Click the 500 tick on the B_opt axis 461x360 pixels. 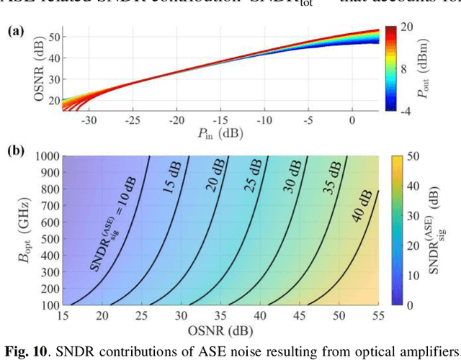pyautogui.click(x=48, y=240)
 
